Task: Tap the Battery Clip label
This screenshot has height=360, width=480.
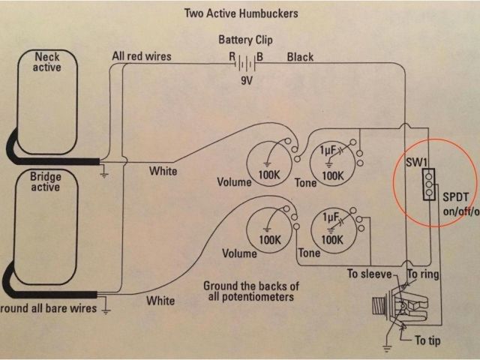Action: tap(245, 40)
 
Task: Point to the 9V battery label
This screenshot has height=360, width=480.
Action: tap(245, 79)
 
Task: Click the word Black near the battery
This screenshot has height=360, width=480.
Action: tap(300, 57)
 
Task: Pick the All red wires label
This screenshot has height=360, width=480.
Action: tap(141, 56)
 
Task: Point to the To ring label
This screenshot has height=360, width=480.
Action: tap(424, 275)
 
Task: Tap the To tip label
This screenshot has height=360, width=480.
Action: tap(428, 342)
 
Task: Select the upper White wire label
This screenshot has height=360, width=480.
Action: tap(162, 171)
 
